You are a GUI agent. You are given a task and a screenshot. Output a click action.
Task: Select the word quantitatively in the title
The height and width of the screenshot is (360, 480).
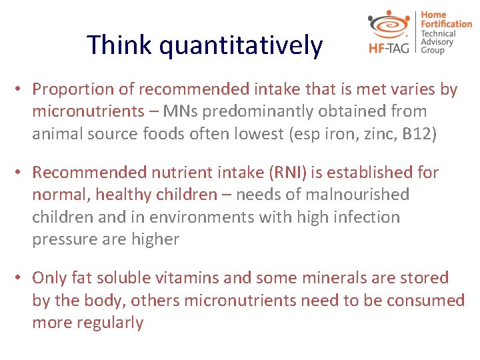coord(241,46)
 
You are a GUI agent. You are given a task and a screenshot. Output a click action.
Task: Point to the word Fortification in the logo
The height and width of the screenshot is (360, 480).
coord(446,24)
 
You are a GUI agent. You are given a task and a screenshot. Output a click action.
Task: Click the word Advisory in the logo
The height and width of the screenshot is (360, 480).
coord(437,42)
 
